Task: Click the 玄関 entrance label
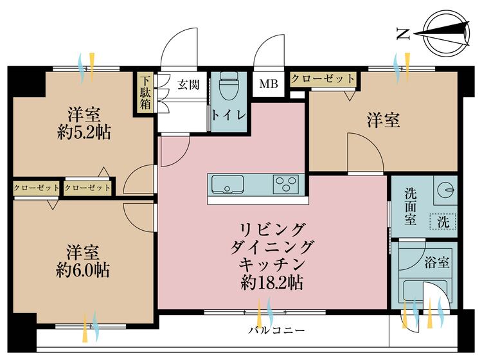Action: click(188, 84)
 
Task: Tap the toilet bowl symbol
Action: click(229, 85)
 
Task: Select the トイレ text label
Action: click(229, 116)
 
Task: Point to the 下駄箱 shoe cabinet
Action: click(146, 94)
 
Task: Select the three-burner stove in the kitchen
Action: click(287, 184)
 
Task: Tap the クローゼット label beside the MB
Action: click(323, 78)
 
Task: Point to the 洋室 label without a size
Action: click(384, 120)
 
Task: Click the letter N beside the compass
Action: click(404, 34)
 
